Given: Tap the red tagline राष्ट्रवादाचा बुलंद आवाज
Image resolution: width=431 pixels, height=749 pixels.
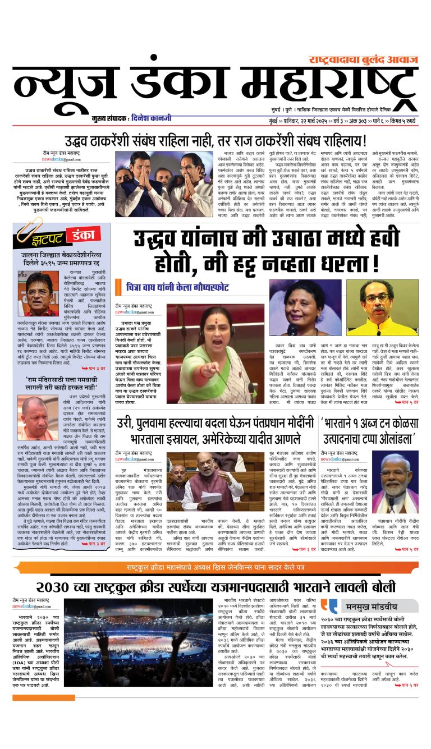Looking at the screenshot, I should [363, 59].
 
